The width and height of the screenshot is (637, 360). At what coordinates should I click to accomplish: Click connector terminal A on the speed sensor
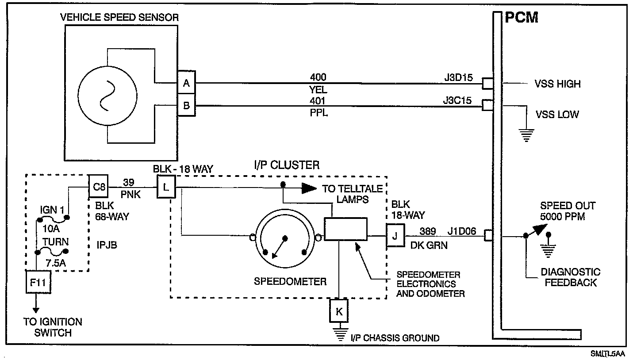pos(186,83)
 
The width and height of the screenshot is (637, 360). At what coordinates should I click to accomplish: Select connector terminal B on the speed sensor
pos(186,106)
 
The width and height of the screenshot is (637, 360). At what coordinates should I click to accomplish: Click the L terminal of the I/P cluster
pos(165,187)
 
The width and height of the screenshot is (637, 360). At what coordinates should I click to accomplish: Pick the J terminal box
pos(395,235)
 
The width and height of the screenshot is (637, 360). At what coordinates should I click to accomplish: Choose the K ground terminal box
pos(339,311)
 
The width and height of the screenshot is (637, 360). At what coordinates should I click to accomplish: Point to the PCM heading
pos(522,17)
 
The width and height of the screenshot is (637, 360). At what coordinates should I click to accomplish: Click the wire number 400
pos(318,77)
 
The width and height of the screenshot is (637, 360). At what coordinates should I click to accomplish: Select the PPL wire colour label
pos(318,113)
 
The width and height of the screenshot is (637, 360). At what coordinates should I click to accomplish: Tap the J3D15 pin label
pos(459,78)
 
